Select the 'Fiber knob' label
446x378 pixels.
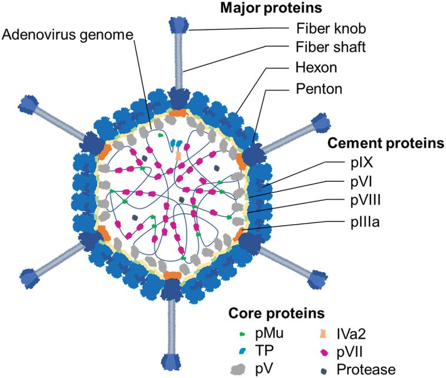tap(331, 28)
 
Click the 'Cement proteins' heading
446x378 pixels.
tap(385, 144)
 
